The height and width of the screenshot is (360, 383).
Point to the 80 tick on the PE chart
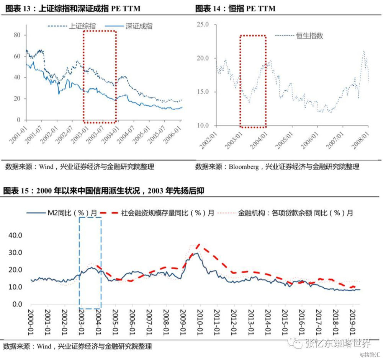click(x=17, y=35)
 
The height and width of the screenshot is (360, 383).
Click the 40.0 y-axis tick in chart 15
click(x=15, y=235)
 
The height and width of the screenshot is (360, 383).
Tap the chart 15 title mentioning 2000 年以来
click(x=103, y=191)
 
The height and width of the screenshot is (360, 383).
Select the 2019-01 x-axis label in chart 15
click(x=352, y=324)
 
